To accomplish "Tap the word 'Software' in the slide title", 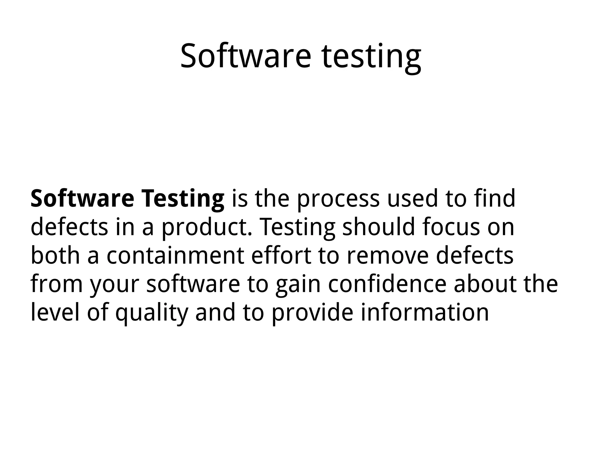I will [x=245, y=56].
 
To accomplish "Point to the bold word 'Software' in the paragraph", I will [x=82, y=198].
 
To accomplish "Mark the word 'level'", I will [x=55, y=312].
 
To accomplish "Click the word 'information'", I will [x=424, y=312].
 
